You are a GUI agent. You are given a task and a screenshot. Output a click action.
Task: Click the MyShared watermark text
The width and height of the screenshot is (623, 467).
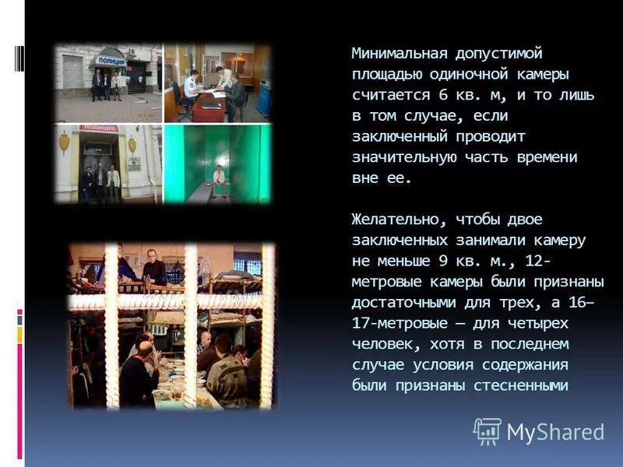click(x=555, y=432)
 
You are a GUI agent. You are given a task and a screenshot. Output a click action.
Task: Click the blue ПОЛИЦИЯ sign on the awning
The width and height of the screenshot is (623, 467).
click(x=111, y=60)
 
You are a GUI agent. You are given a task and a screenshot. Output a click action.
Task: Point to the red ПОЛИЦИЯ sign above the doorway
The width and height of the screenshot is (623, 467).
click(x=99, y=128)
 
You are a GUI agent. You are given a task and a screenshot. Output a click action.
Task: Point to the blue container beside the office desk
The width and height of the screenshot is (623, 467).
click(x=265, y=97)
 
